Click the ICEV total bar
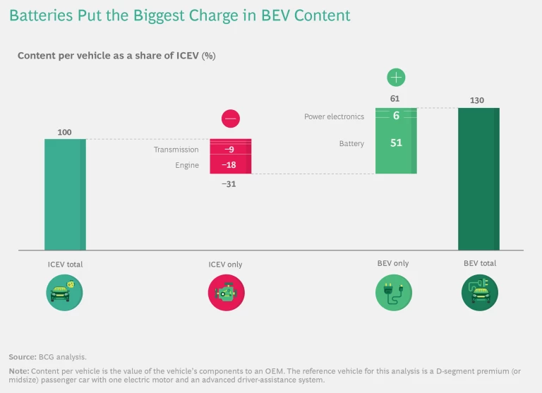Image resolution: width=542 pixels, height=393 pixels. (x=65, y=194)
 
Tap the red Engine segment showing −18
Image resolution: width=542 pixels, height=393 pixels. (x=230, y=165)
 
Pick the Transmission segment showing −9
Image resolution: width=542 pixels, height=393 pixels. (x=230, y=150)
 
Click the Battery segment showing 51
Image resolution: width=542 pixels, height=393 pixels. (x=396, y=143)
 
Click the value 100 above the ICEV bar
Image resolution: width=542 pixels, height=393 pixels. (x=65, y=132)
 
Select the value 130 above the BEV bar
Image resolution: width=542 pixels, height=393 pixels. (x=477, y=100)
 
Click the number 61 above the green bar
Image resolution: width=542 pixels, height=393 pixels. (x=395, y=99)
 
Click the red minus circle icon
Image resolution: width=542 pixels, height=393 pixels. (x=231, y=119)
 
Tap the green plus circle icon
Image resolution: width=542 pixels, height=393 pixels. (x=396, y=78)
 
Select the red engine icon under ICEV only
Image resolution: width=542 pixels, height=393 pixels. (x=226, y=292)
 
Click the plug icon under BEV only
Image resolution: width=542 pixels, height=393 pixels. (x=393, y=292)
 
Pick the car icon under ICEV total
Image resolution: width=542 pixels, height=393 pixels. (x=65, y=292)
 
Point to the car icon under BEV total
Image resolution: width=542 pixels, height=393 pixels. (x=479, y=292)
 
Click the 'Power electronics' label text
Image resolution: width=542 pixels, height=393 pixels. (x=334, y=117)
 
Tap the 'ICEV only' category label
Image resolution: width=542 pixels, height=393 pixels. (x=225, y=265)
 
